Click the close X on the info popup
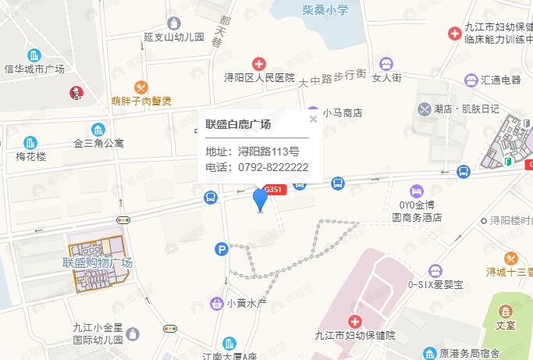pyautogui.click(x=313, y=119)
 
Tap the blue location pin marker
pyautogui.click(x=261, y=199)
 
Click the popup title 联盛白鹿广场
pyautogui.click(x=238, y=124)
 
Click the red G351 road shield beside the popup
pyautogui.click(x=275, y=189)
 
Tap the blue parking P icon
pyautogui.click(x=222, y=249)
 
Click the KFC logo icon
pyautogui.click(x=76, y=92)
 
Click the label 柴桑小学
pyautogui.click(x=326, y=9)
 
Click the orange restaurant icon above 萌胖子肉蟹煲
pyautogui.click(x=141, y=87)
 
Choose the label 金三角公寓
pyautogui.click(x=99, y=144)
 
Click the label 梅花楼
pyautogui.click(x=31, y=156)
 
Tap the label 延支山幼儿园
pyautogui.click(x=174, y=37)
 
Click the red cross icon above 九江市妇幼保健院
pyautogui.click(x=354, y=321)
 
